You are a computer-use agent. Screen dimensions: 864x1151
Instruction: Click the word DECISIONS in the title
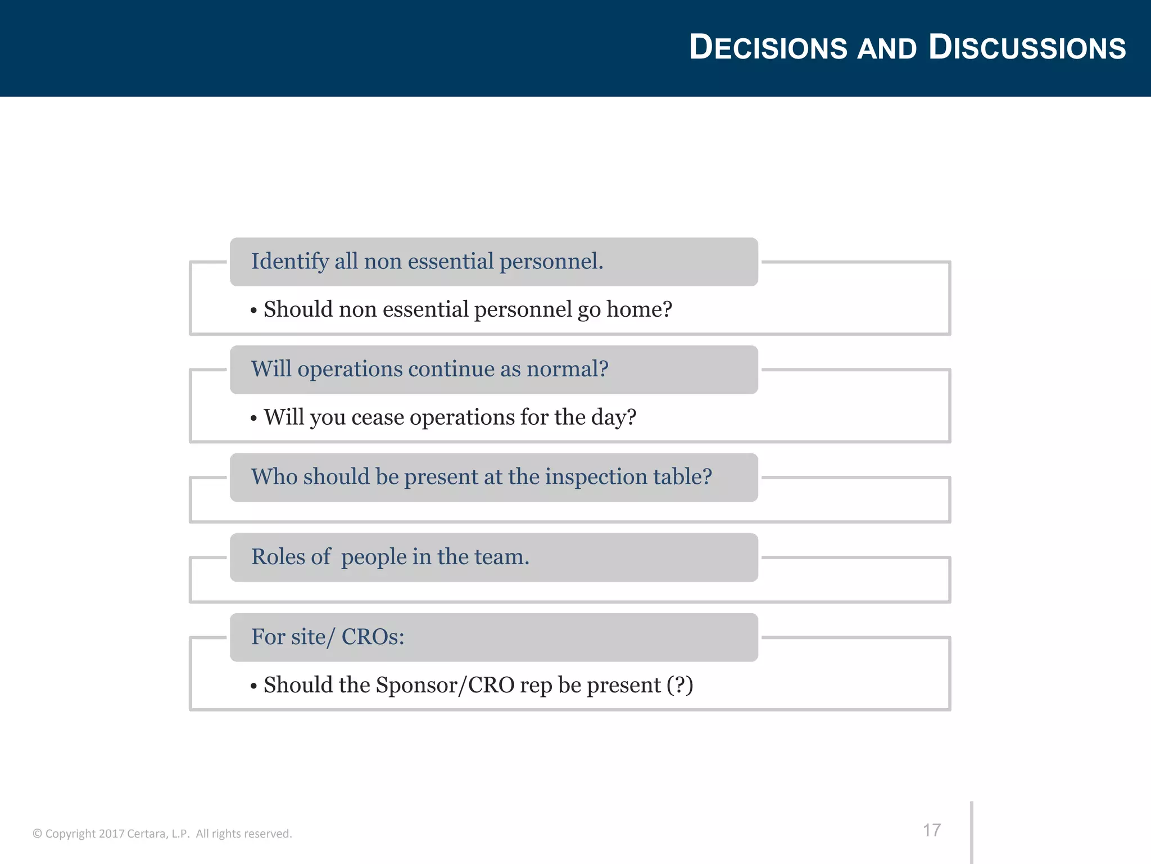pyautogui.click(x=768, y=47)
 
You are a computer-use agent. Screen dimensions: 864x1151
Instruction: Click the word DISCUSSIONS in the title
pyautogui.click(x=1027, y=47)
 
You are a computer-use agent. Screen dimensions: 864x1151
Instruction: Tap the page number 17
pyautogui.click(x=931, y=830)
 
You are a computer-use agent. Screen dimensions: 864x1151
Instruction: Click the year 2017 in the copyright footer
pyautogui.click(x=111, y=834)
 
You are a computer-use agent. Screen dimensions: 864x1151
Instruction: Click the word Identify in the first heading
pyautogui.click(x=289, y=262)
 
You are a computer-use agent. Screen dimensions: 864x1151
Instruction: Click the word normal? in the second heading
pyautogui.click(x=567, y=369)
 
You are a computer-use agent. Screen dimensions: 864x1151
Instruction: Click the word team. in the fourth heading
pyautogui.click(x=502, y=557)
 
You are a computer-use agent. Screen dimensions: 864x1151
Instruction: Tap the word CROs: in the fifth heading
pyautogui.click(x=373, y=637)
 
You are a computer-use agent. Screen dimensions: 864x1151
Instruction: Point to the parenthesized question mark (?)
pyautogui.click(x=679, y=685)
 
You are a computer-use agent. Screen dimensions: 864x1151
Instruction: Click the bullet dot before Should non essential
pyautogui.click(x=254, y=310)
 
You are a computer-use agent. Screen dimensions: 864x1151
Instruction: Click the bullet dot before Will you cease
pyautogui.click(x=254, y=418)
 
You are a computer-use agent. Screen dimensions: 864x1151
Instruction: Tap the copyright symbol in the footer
pyautogui.click(x=37, y=834)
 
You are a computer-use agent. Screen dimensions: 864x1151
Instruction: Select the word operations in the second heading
pyautogui.click(x=350, y=370)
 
